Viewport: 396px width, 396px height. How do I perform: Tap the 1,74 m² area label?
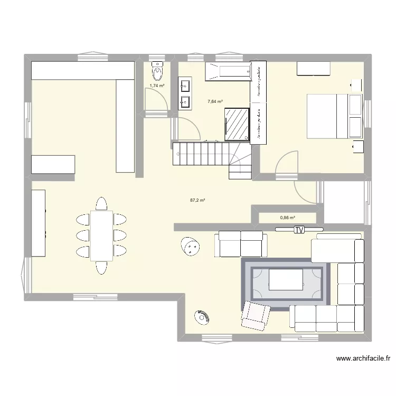tap(156, 86)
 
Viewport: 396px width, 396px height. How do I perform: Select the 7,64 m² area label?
tap(215, 101)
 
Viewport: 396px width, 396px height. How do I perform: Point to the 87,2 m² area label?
tap(197, 200)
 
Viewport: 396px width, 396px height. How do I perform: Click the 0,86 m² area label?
tap(287, 217)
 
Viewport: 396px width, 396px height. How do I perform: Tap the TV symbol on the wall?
tap(299, 230)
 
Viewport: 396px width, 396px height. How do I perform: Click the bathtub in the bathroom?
tap(227, 72)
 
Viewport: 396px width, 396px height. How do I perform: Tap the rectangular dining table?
tap(101, 235)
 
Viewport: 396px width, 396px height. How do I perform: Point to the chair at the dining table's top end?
tap(101, 203)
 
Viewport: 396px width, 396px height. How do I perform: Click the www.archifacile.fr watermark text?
tap(364, 359)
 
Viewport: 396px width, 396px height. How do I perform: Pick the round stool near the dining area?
tap(191, 246)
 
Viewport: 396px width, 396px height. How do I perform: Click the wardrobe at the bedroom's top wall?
tap(314, 69)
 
